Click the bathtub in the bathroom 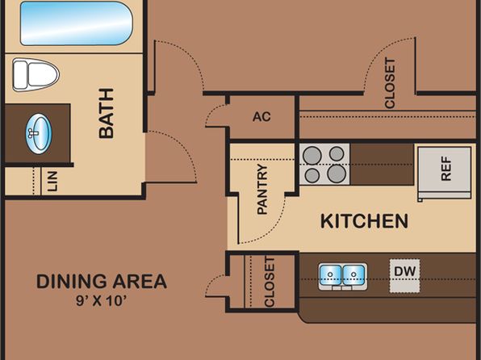77,23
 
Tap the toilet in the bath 36,75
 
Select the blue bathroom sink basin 39,134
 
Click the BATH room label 107,113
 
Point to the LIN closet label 52,182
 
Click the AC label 261,116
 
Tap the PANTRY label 262,189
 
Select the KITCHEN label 364,221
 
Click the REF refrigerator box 445,172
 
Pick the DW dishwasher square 404,276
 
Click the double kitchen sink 342,277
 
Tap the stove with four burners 324,164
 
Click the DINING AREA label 102,282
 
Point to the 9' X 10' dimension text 102,301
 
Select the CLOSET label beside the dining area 270,282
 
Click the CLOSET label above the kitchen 390,83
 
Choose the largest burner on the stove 337,174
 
